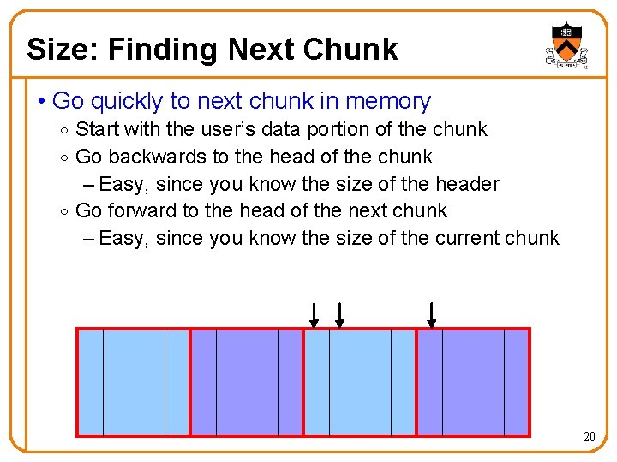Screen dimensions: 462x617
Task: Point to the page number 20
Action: click(x=589, y=437)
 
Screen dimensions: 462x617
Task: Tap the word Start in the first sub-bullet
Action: click(x=97, y=129)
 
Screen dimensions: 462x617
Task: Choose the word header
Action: click(x=468, y=184)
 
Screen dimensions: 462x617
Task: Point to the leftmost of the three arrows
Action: click(x=314, y=315)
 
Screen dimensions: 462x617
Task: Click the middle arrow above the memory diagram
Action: click(x=339, y=315)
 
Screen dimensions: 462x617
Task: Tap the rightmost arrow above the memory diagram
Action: click(x=431, y=315)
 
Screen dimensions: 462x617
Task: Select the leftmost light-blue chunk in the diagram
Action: click(x=134, y=382)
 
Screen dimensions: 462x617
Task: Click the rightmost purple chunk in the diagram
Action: click(x=473, y=382)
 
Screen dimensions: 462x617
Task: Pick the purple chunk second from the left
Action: click(x=247, y=382)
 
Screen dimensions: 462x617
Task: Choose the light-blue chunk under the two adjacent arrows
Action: click(x=360, y=382)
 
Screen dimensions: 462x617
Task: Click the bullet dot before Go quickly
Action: click(x=41, y=102)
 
